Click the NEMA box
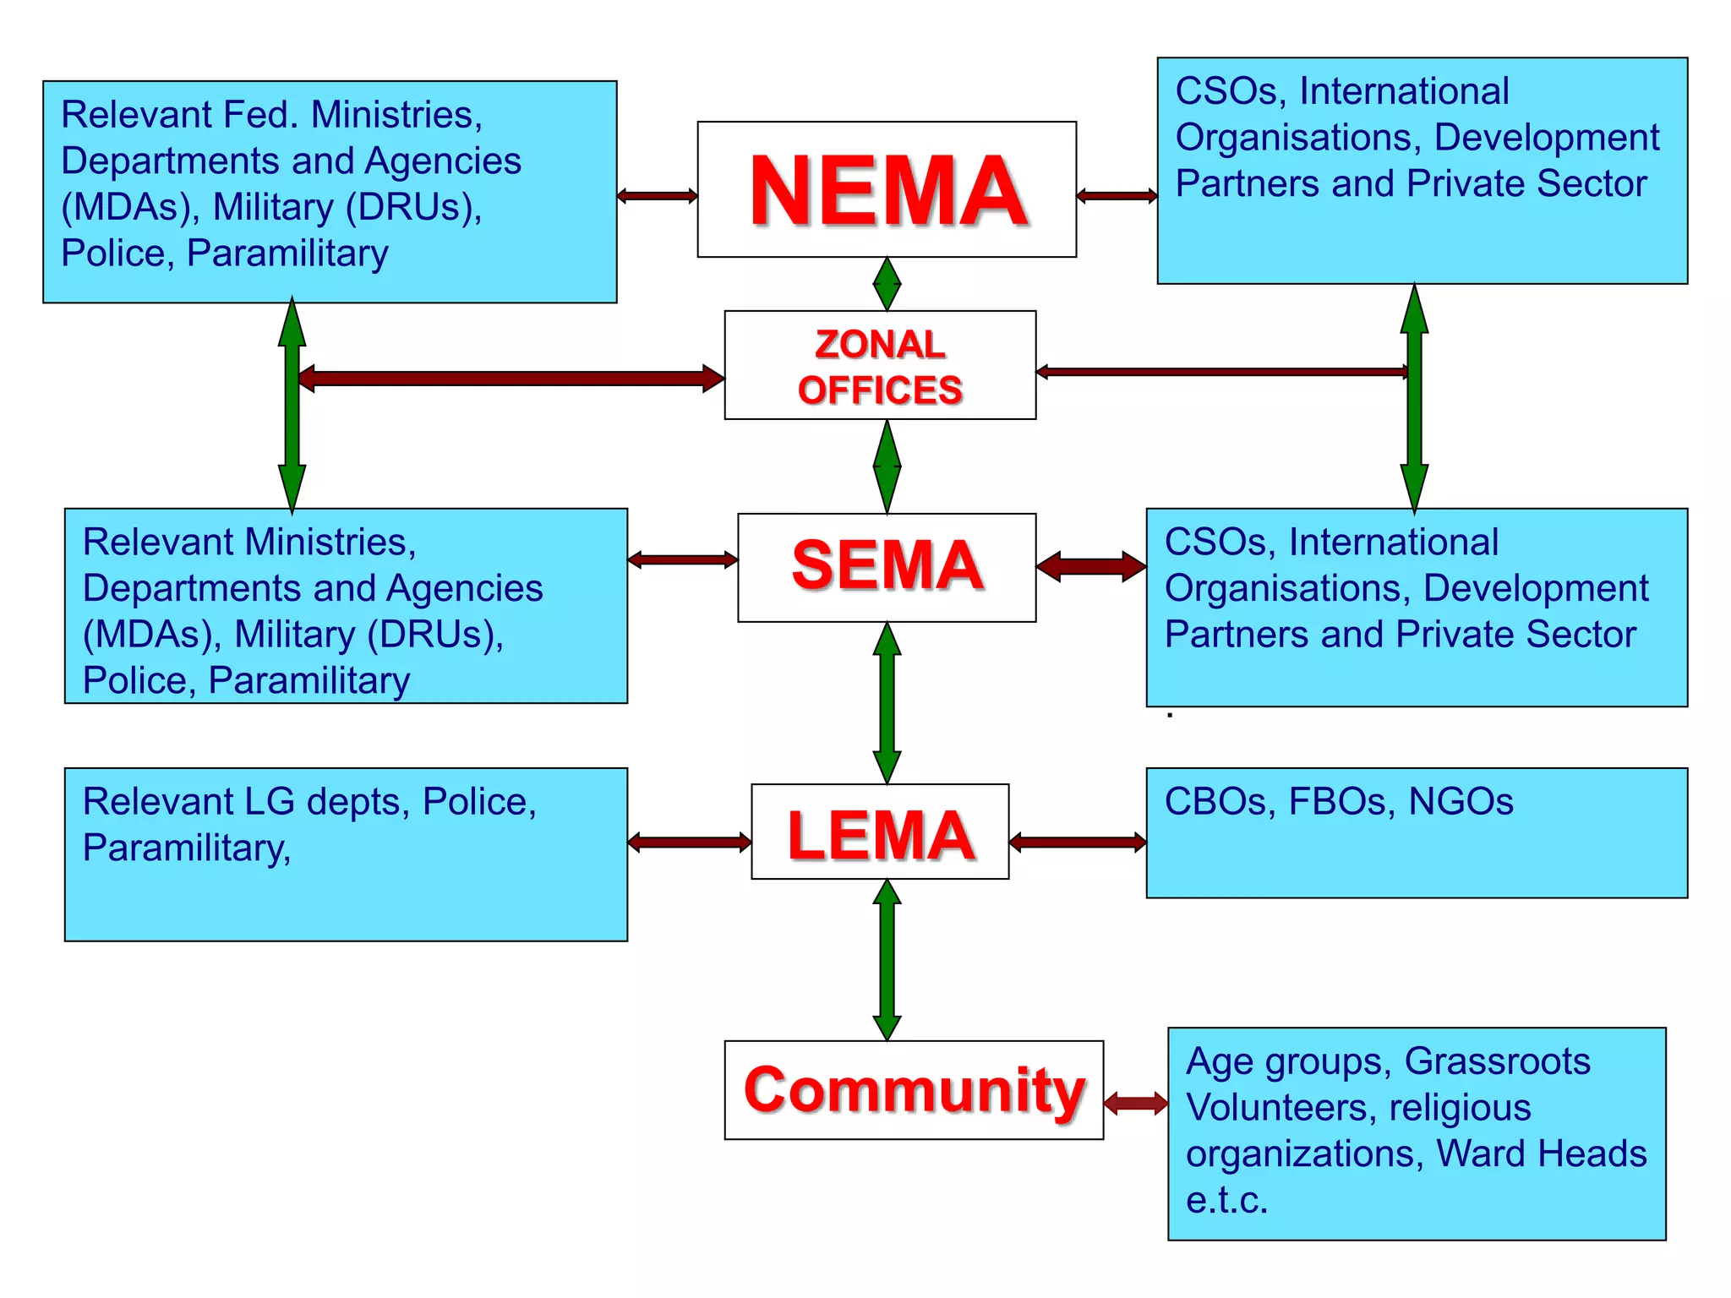coord(887,189)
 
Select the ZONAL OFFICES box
coord(880,365)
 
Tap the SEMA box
coord(887,567)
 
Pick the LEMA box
coord(880,832)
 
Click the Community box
coord(914,1090)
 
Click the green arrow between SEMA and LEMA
coord(887,703)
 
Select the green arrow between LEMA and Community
coord(887,960)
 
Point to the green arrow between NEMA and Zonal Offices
coord(887,284)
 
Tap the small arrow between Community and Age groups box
coord(1136,1103)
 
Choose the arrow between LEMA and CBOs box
coord(1078,842)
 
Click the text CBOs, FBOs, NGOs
coord(1339,801)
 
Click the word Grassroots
coord(1497,1061)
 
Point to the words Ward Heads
coord(1542,1153)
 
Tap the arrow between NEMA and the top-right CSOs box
coord(1117,196)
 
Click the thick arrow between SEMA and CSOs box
coord(1091,566)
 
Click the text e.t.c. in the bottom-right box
coord(1226,1200)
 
